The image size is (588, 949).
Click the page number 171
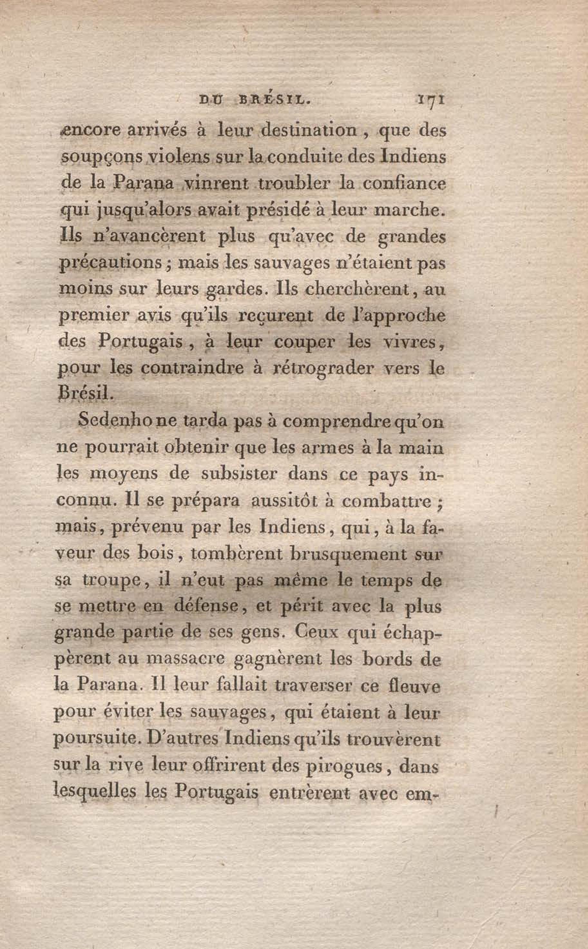(x=431, y=100)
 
